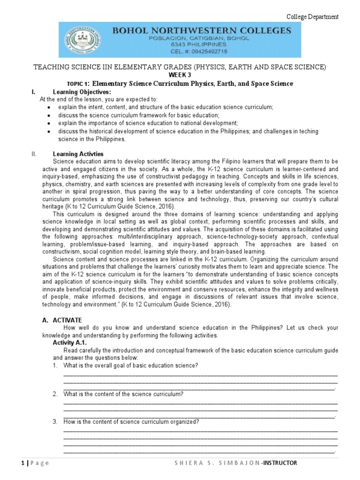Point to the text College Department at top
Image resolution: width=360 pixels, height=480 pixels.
(x=312, y=17)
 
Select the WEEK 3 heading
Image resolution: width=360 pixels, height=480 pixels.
(x=180, y=75)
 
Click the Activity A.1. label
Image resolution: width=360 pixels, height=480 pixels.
(x=71, y=343)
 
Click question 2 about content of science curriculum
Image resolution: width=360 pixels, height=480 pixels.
(x=123, y=394)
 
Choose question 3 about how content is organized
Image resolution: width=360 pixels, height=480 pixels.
(x=131, y=422)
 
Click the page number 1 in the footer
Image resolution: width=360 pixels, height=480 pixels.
(x=22, y=463)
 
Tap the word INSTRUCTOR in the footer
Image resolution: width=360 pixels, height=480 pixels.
(x=280, y=463)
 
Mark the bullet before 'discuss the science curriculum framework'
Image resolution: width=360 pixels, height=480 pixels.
(x=49, y=115)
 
